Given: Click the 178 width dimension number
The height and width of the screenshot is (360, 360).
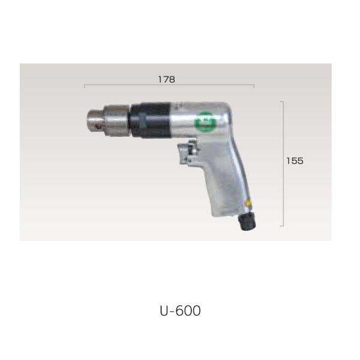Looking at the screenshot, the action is coord(167,79).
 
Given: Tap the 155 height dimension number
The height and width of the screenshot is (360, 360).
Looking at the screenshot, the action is coord(295,161).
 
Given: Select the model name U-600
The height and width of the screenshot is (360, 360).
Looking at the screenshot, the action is coord(180,311).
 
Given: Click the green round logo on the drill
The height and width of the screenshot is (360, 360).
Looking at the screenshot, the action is coord(203,121).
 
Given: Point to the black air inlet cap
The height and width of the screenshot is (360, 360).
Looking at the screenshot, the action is coord(247,221).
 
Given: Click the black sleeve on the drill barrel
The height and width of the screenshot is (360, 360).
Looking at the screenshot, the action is coord(151,120).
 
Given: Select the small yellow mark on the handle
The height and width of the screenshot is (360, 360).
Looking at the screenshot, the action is coord(248,203).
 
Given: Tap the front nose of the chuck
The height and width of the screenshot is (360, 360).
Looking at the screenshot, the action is coord(95,121).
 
